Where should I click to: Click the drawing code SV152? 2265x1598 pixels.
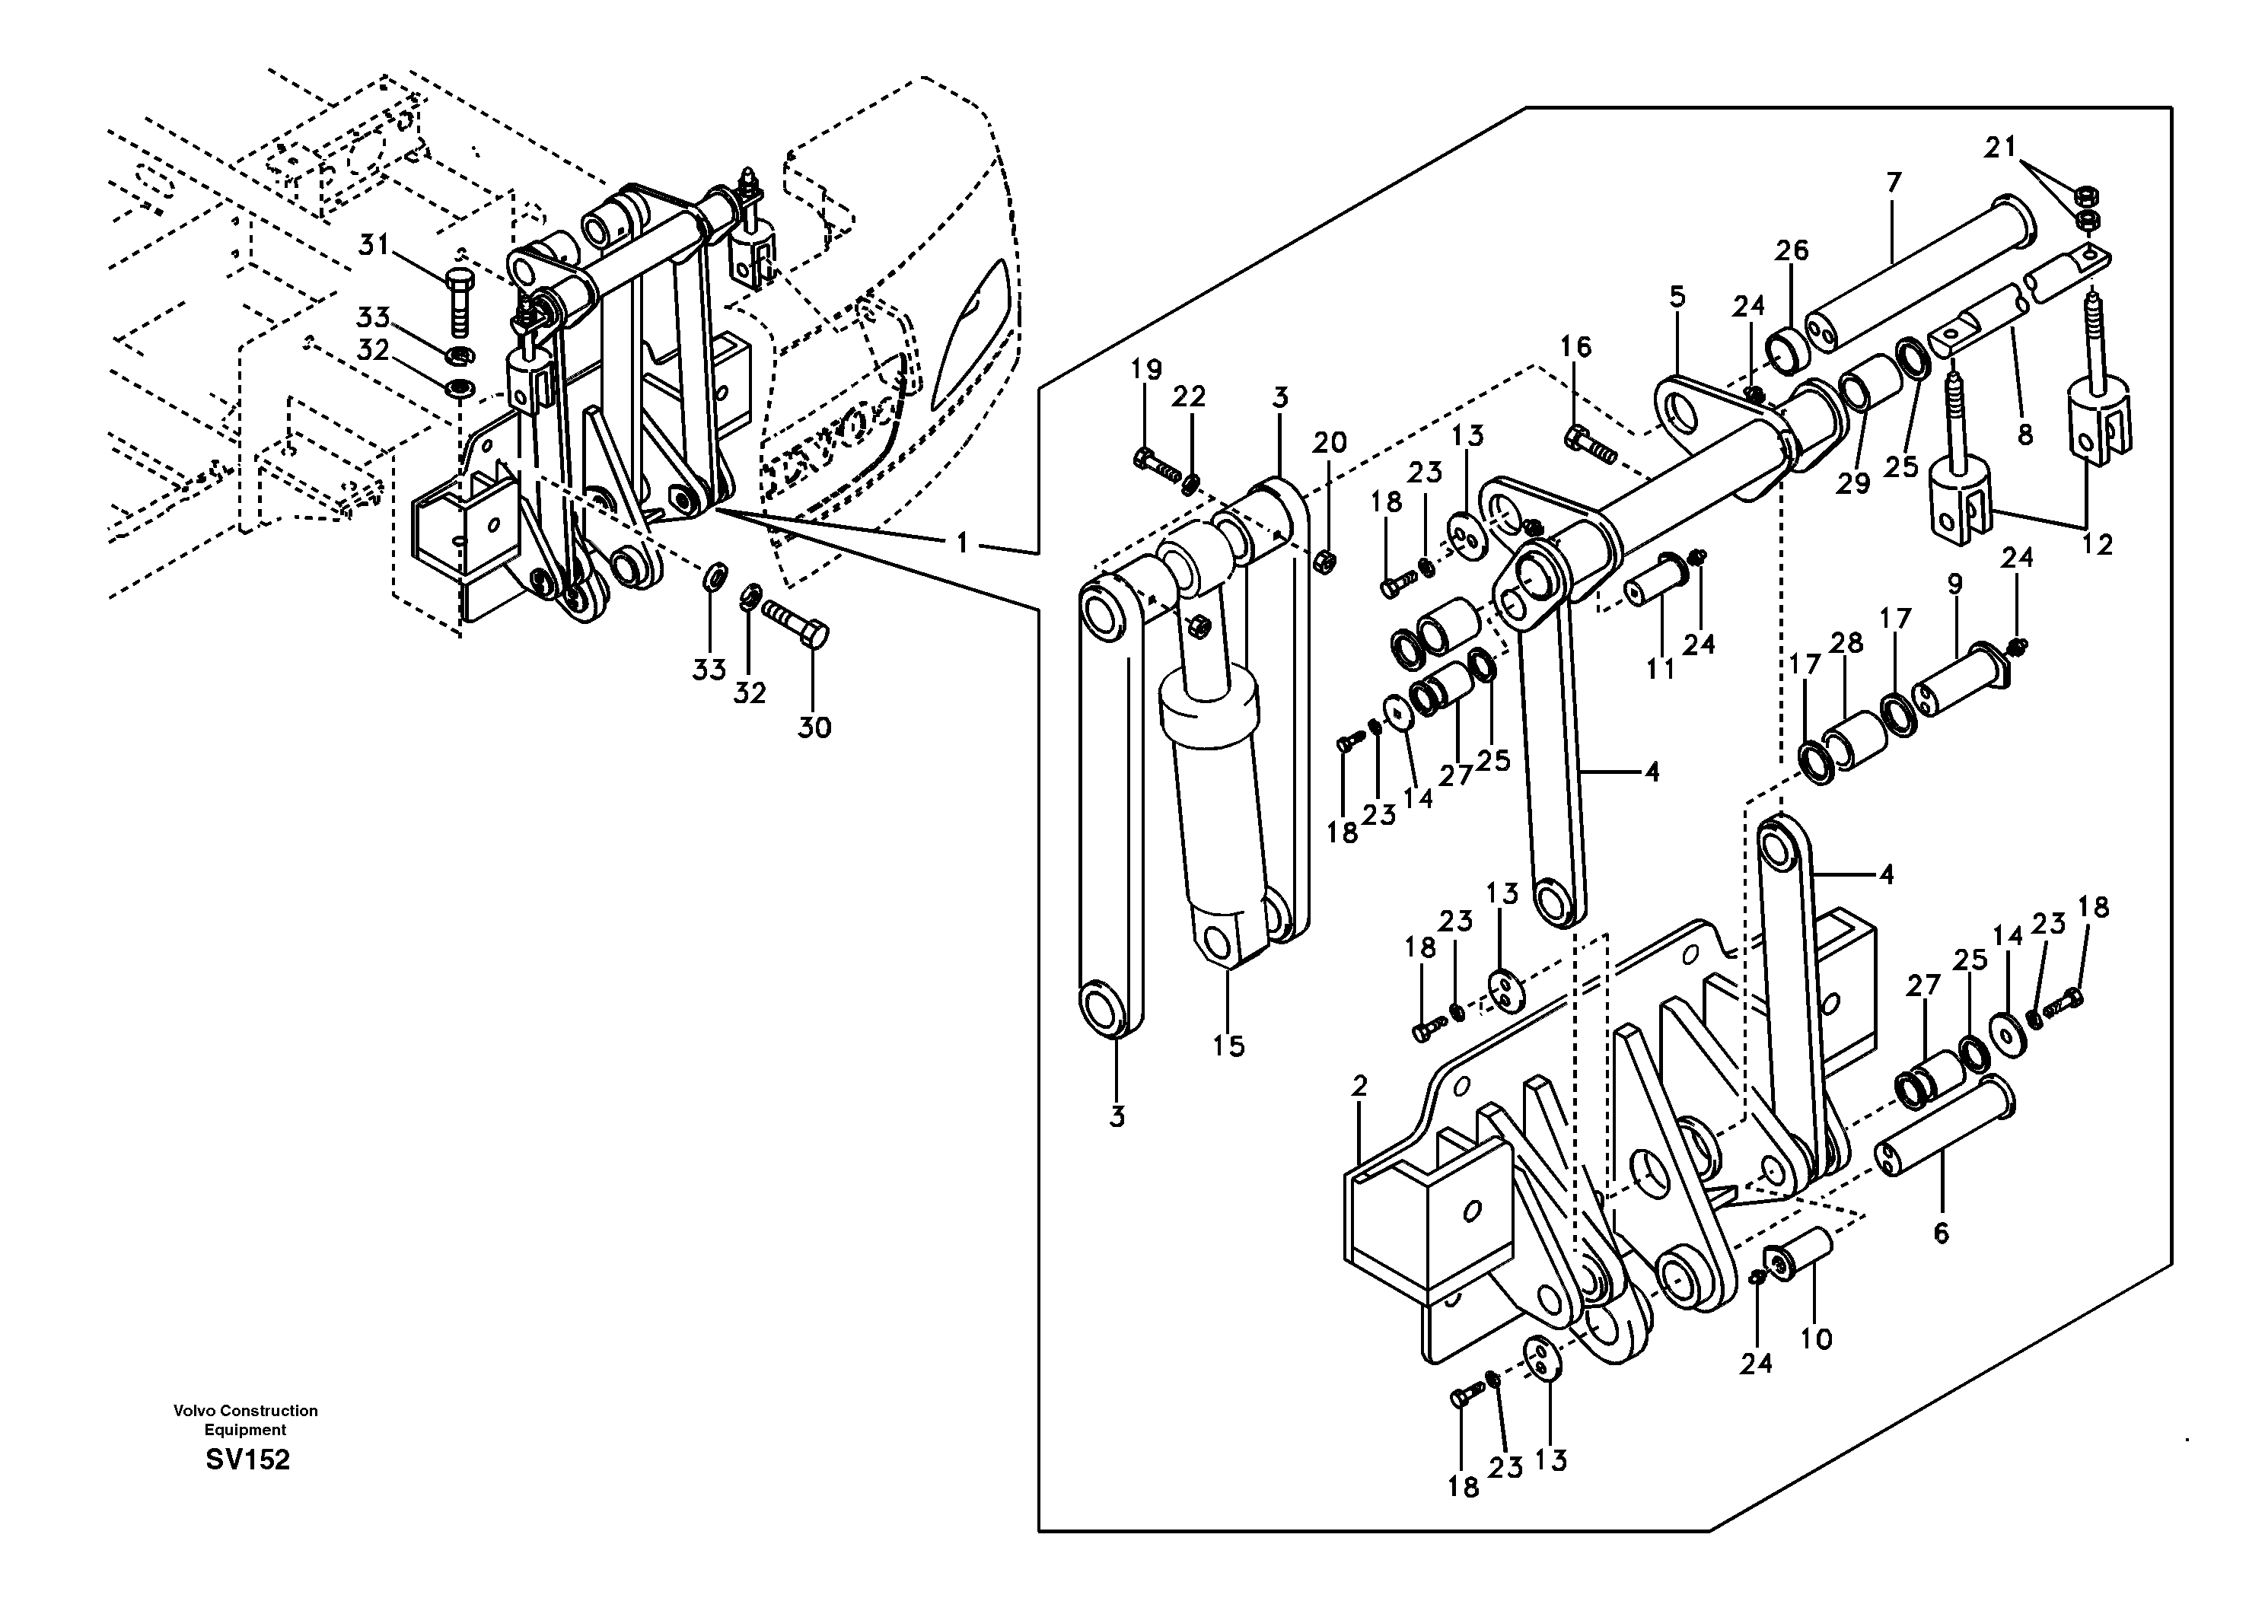click(x=247, y=1460)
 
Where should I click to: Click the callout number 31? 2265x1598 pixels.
click(x=374, y=244)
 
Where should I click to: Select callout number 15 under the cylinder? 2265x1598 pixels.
click(x=1229, y=1046)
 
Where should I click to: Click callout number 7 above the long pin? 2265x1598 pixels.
click(x=1893, y=183)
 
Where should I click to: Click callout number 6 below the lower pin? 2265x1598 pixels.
click(x=1941, y=1233)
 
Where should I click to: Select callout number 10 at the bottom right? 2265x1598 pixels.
click(x=1816, y=1339)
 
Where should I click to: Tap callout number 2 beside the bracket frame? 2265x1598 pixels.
click(x=1359, y=1086)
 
